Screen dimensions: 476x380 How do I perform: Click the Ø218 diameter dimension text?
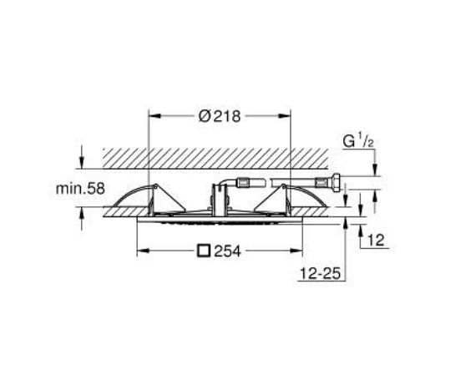pyautogui.click(x=219, y=116)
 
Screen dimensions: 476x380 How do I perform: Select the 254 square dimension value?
pyautogui.click(x=228, y=251)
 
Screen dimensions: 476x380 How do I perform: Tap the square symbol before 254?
pyautogui.click(x=204, y=251)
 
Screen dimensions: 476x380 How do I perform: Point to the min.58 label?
pyautogui.click(x=80, y=189)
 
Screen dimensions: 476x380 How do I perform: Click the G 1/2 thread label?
pyautogui.click(x=358, y=141)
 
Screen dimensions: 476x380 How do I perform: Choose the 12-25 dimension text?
pyautogui.click(x=320, y=273)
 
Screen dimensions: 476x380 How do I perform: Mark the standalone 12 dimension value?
pyautogui.click(x=376, y=241)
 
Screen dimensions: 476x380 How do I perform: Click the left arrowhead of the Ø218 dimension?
pyautogui.click(x=154, y=115)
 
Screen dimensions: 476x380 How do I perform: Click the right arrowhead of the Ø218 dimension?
pyautogui.click(x=285, y=115)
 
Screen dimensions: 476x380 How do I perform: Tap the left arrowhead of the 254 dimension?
pyautogui.click(x=143, y=251)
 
